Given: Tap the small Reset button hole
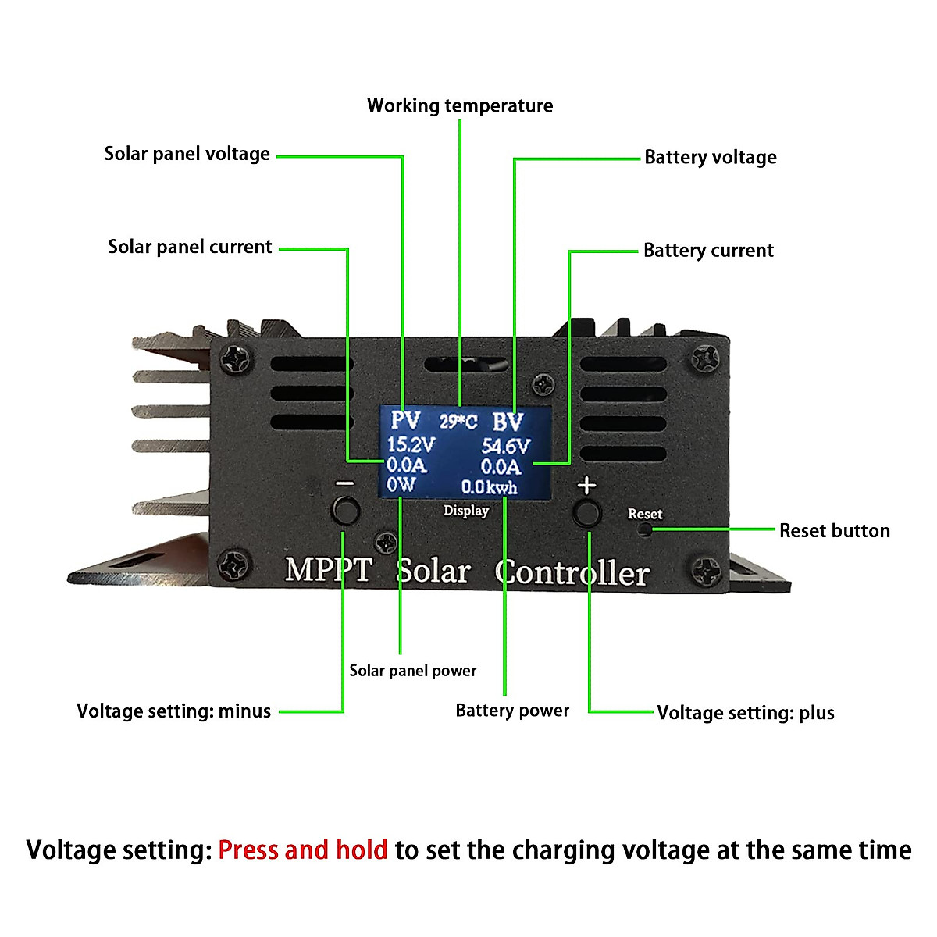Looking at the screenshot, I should click(644, 530).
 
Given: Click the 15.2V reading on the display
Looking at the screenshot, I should click(411, 445).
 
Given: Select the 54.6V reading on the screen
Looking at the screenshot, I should click(505, 447).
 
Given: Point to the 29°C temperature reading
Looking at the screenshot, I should click(458, 422).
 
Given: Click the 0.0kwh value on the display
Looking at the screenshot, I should click(489, 487).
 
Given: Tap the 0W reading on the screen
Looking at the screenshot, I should click(401, 485).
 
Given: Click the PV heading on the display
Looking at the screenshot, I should click(405, 421).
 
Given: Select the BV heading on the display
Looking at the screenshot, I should click(508, 422).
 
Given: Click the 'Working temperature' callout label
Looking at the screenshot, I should click(460, 105).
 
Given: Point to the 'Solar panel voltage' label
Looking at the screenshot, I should click(187, 154).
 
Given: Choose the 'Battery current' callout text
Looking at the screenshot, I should click(708, 251).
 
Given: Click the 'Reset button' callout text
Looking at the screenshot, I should click(834, 531).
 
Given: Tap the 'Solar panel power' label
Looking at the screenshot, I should click(412, 671).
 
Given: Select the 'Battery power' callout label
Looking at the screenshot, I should click(512, 711).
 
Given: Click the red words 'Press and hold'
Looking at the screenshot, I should click(302, 850).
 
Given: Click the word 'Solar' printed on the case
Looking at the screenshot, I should click(433, 572).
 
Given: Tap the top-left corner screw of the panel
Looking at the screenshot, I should click(235, 358).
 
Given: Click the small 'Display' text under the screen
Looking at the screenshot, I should click(466, 511).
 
